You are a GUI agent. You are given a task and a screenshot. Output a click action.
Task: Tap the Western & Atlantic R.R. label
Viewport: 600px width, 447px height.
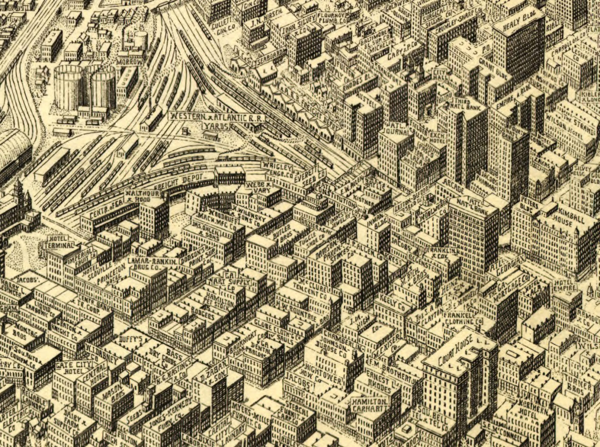click(217, 117)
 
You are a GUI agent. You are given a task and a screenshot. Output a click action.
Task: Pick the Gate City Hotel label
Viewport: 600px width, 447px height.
click(71, 368)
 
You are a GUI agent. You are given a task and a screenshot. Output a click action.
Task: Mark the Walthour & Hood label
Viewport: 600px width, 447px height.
click(142, 196)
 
